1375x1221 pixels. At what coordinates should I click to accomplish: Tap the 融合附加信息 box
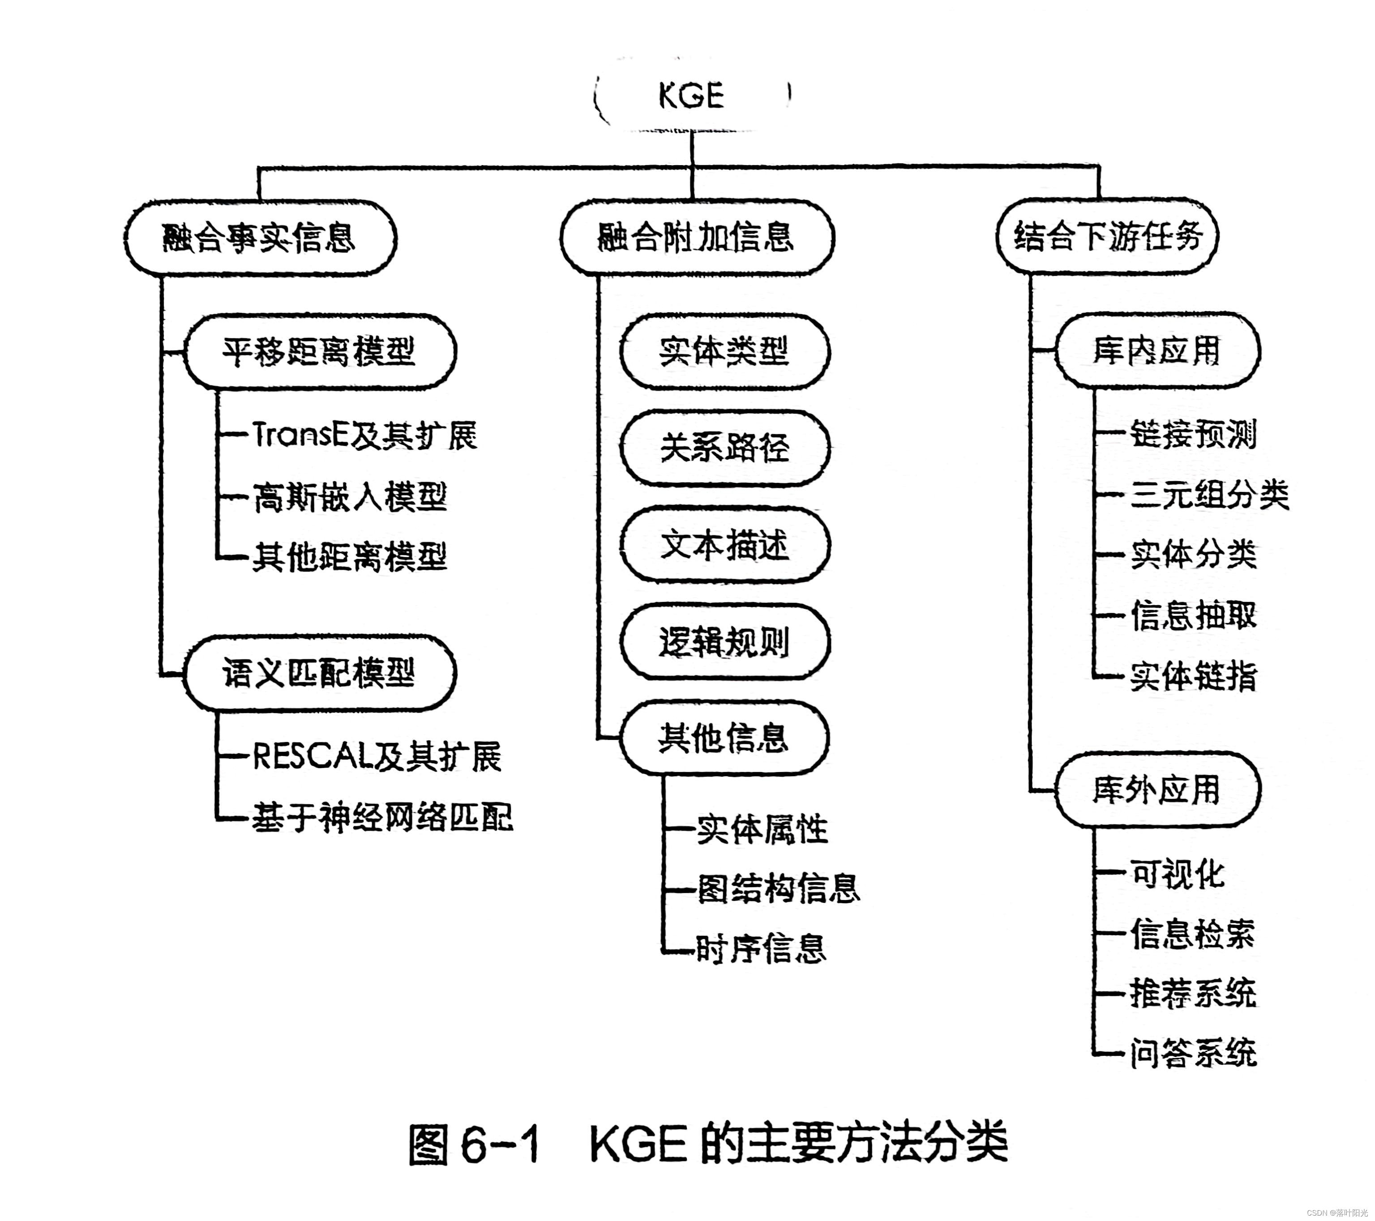tap(696, 237)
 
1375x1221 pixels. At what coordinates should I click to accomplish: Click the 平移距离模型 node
tap(320, 351)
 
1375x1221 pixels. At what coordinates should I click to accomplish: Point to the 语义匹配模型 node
tap(320, 672)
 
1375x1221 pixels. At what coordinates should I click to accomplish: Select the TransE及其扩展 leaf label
tap(364, 435)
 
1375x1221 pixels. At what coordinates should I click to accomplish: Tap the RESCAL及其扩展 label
tap(377, 757)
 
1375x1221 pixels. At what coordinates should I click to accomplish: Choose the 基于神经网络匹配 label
tap(382, 818)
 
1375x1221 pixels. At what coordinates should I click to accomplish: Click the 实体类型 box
tap(724, 351)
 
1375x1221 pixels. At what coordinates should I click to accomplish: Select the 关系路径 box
tap(724, 448)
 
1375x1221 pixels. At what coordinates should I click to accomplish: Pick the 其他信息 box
tap(724, 738)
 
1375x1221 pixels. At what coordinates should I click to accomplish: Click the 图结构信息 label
tap(778, 889)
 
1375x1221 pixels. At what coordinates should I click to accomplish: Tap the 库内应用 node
tap(1157, 350)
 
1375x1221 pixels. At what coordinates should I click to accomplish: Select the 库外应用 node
tap(1157, 790)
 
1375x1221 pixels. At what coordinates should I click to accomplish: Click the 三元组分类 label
tap(1209, 495)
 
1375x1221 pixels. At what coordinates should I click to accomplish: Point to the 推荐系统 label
tap(1193, 994)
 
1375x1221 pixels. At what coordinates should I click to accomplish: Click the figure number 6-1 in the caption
tap(501, 1145)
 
